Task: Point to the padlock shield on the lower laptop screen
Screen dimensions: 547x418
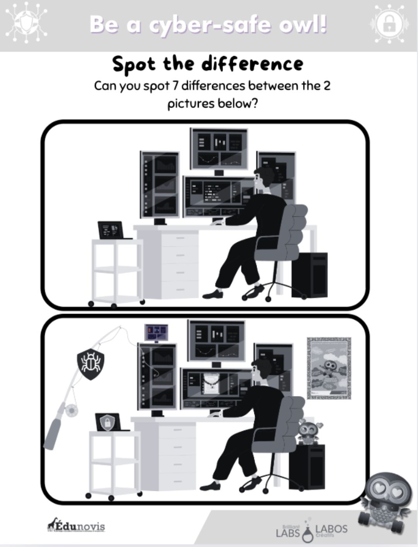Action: tap(106, 422)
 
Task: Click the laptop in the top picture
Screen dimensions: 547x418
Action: tap(111, 230)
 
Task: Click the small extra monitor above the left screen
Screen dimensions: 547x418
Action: tap(156, 333)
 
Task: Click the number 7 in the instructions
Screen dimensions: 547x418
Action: tap(175, 86)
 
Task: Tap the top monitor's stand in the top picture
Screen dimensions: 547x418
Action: tap(219, 172)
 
